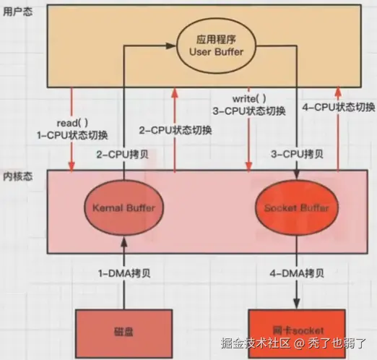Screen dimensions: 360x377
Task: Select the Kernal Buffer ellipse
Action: [124, 208]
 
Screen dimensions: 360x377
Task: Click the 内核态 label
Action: [16, 176]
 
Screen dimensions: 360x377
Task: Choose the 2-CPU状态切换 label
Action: [175, 130]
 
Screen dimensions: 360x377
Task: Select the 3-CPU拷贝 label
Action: [297, 155]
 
